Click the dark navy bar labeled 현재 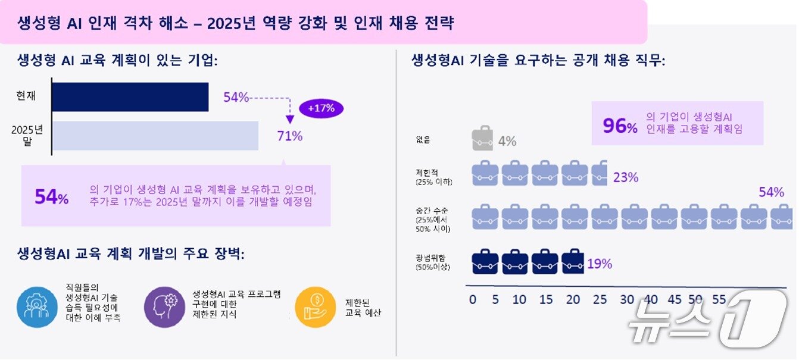click(130, 97)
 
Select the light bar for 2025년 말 click(155, 136)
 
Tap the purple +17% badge click(322, 108)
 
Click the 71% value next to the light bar click(290, 136)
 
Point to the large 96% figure click(620, 126)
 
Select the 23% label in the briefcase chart click(625, 177)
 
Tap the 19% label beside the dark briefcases click(600, 263)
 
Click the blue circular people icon click(37, 307)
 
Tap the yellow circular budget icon click(316, 307)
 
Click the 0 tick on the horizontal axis click(473, 299)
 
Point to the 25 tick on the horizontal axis click(600, 299)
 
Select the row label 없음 click(423, 140)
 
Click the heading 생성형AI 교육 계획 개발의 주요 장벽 click(131, 254)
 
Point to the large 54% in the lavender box click(51, 197)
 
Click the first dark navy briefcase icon click(485, 262)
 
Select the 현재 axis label click(26, 96)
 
